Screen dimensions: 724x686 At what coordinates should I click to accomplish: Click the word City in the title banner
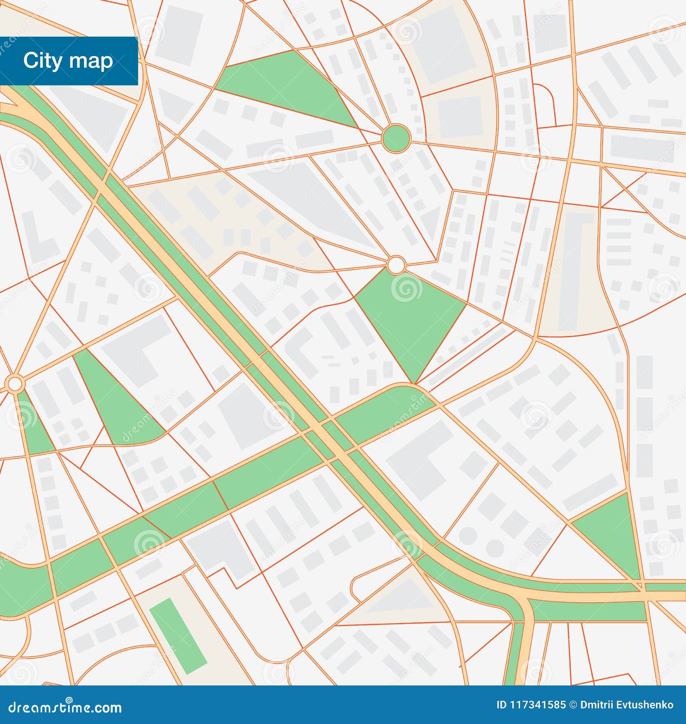(43, 60)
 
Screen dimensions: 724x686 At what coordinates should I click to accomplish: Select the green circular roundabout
(396, 138)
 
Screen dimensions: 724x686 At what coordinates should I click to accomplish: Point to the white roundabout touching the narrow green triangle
(15, 383)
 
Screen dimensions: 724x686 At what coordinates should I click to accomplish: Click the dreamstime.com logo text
(65, 707)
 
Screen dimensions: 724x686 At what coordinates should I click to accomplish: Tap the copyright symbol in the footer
(573, 705)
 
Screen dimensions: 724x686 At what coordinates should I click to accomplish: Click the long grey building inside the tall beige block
(572, 274)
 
